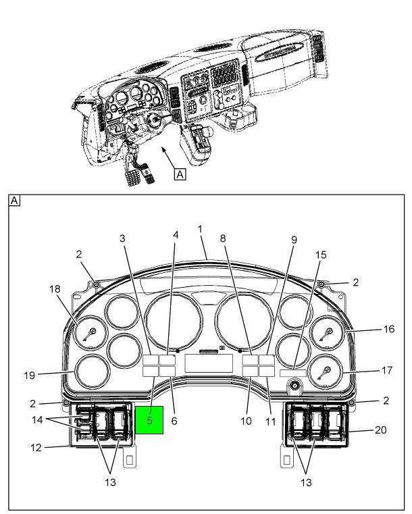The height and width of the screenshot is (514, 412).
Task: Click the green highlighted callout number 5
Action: click(x=150, y=420)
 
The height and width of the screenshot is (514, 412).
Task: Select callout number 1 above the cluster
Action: click(x=201, y=229)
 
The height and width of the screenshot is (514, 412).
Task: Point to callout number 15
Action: click(x=320, y=255)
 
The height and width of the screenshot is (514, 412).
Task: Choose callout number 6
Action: click(x=175, y=420)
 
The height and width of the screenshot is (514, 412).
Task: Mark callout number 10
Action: click(x=247, y=420)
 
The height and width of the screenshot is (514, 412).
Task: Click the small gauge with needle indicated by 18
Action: click(x=90, y=332)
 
